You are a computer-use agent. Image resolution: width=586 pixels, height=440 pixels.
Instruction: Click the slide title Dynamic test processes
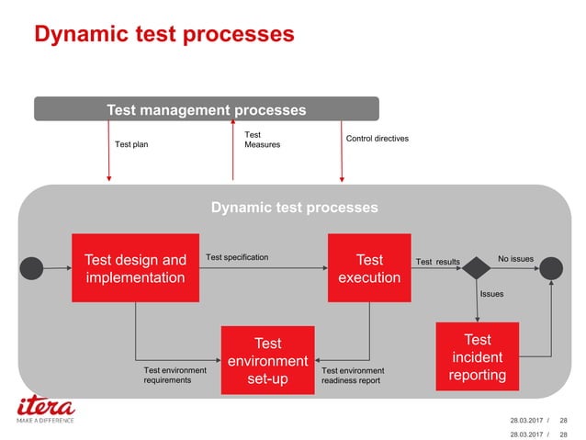click(x=163, y=35)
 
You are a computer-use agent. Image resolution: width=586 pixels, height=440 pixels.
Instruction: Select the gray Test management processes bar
click(x=207, y=109)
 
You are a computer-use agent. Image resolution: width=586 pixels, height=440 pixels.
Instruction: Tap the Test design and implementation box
click(x=135, y=268)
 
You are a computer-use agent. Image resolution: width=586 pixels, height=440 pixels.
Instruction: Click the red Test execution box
click(x=369, y=268)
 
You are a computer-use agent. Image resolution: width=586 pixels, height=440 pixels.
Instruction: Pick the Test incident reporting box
click(x=477, y=356)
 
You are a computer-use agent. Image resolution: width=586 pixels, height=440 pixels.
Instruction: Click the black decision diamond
click(x=477, y=268)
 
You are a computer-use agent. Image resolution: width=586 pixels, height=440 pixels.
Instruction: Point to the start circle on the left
click(x=32, y=268)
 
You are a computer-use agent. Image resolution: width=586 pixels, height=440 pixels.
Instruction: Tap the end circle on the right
click(x=551, y=268)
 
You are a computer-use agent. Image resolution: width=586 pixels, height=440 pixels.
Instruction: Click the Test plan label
click(x=131, y=144)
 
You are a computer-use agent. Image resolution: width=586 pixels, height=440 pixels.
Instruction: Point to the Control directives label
click(x=377, y=139)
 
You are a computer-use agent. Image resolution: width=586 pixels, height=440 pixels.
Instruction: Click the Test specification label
click(x=237, y=257)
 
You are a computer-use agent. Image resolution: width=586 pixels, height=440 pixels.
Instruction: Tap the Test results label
click(x=437, y=262)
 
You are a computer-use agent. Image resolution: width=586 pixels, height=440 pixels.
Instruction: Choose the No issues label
click(x=515, y=258)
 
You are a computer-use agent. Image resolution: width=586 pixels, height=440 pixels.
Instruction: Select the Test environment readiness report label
click(x=353, y=375)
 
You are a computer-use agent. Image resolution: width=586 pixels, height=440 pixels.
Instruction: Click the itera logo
click(x=46, y=407)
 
